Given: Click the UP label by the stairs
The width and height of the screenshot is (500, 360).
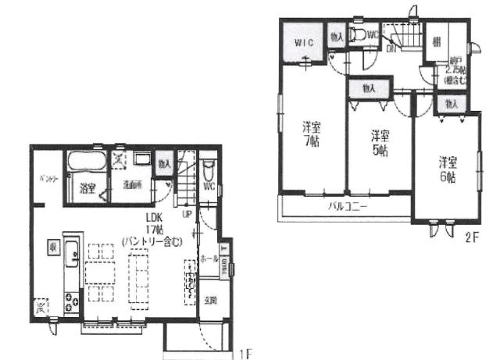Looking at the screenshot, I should coord(187,212).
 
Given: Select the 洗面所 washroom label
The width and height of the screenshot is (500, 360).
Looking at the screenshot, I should coord(130,185).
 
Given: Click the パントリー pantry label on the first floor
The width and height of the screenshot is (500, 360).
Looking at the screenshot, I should coord(48,179).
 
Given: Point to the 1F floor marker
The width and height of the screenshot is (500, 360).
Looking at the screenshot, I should coord(245,352).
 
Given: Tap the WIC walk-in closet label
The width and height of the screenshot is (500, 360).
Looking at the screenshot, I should coord(304,41).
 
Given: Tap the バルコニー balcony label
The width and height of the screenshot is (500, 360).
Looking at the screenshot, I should coord(347,206).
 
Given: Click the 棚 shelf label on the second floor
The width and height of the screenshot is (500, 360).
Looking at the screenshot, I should coord(437,41).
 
